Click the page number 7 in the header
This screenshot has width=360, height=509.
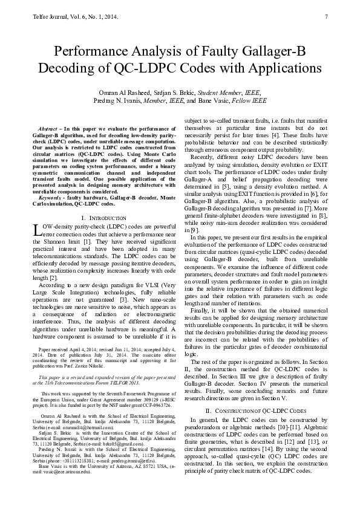click(326, 16)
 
